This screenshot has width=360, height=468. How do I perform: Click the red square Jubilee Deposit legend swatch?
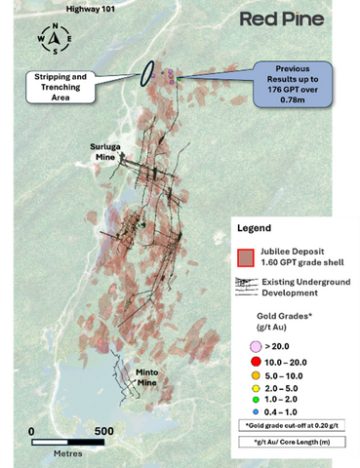tap(248, 257)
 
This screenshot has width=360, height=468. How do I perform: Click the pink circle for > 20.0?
tap(255, 345)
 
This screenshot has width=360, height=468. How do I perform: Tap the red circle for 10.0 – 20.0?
tap(255, 360)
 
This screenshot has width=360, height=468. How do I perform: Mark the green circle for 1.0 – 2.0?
tap(255, 400)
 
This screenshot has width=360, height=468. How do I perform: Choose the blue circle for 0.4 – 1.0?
tap(255, 412)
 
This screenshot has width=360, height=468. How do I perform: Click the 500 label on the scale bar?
tap(103, 430)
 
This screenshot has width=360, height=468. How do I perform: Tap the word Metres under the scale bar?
tap(67, 453)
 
